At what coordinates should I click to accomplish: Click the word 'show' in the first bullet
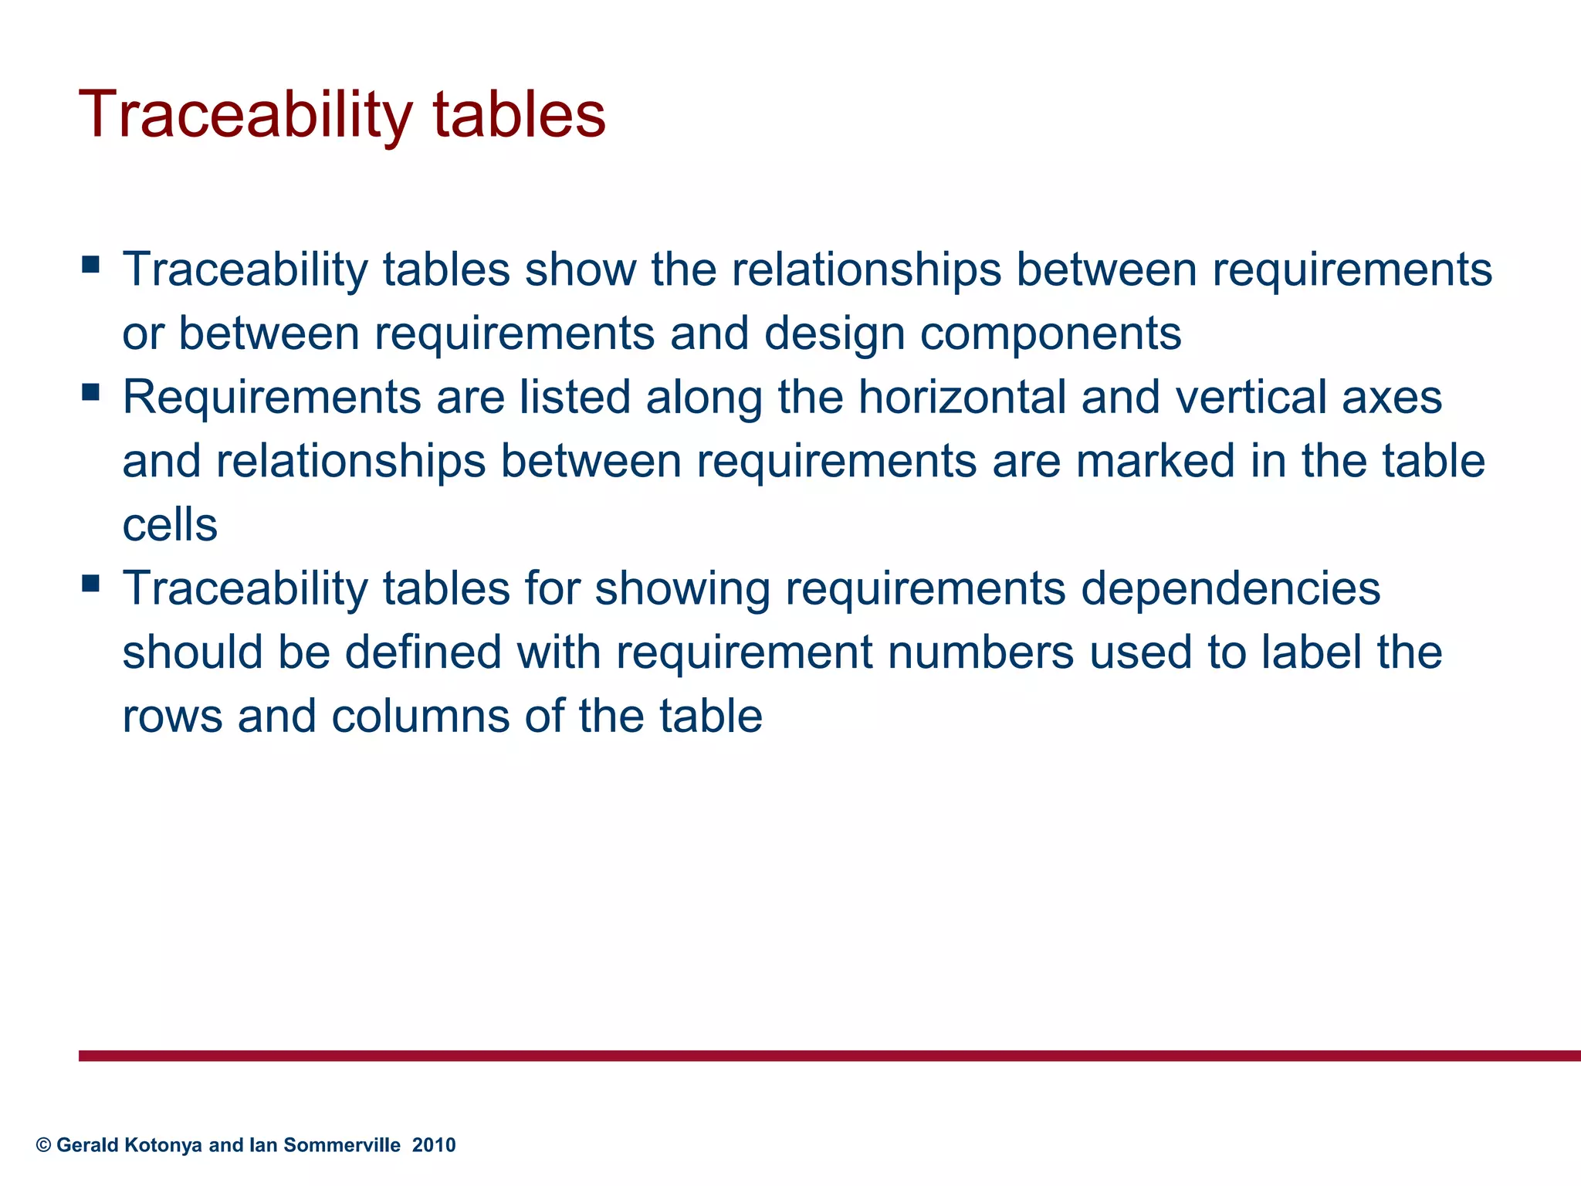coord(581,269)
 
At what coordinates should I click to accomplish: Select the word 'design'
coord(835,334)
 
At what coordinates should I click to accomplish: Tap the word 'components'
coord(1051,334)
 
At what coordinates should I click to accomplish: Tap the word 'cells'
coord(170,525)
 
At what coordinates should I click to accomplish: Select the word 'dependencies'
coord(1230,589)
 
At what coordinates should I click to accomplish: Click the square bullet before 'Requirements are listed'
coord(90,392)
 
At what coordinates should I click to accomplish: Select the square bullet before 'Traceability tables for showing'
coord(90,583)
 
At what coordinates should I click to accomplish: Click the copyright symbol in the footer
coord(43,1145)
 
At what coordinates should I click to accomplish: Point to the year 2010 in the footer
coord(434,1145)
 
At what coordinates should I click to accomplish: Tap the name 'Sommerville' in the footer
coord(342,1145)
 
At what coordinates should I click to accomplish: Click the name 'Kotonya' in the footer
coord(162,1145)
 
